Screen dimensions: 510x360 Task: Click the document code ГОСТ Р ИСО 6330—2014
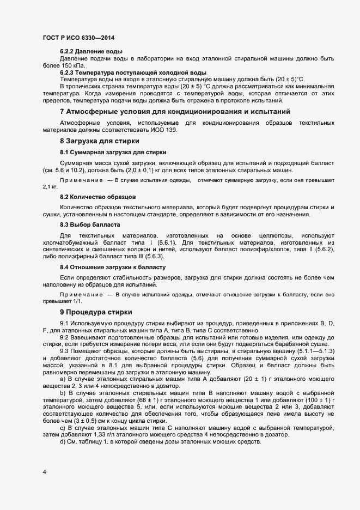click(x=78, y=37)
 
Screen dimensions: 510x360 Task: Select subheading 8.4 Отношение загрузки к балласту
click(x=113, y=267)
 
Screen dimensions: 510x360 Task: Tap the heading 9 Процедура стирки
click(x=96, y=312)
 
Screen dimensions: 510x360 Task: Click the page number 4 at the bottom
click(x=44, y=472)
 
